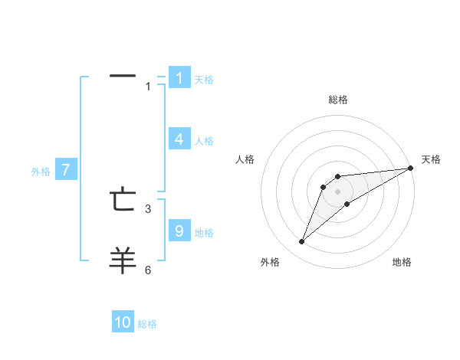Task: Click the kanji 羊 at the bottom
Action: pyautogui.click(x=123, y=260)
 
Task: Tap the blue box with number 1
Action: pyautogui.click(x=179, y=77)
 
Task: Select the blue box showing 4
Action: pyautogui.click(x=179, y=139)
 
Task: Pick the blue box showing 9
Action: pyautogui.click(x=179, y=231)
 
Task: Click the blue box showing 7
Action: pyautogui.click(x=66, y=169)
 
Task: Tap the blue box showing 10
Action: pyautogui.click(x=123, y=322)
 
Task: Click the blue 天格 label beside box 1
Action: pyautogui.click(x=204, y=80)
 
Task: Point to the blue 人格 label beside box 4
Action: pyautogui.click(x=204, y=141)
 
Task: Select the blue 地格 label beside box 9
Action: pyautogui.click(x=204, y=233)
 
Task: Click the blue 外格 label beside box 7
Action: pyautogui.click(x=41, y=172)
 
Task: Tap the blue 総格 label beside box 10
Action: pyautogui.click(x=147, y=324)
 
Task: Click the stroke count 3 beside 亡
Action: pyautogui.click(x=148, y=208)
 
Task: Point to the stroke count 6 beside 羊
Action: pyautogui.click(x=148, y=270)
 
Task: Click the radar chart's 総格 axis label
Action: pyautogui.click(x=338, y=100)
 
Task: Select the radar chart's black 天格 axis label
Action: pyautogui.click(x=431, y=159)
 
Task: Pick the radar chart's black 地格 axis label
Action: pyautogui.click(x=402, y=263)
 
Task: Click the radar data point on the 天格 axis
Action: pyautogui.click(x=410, y=168)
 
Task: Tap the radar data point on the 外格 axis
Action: pyautogui.click(x=302, y=242)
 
